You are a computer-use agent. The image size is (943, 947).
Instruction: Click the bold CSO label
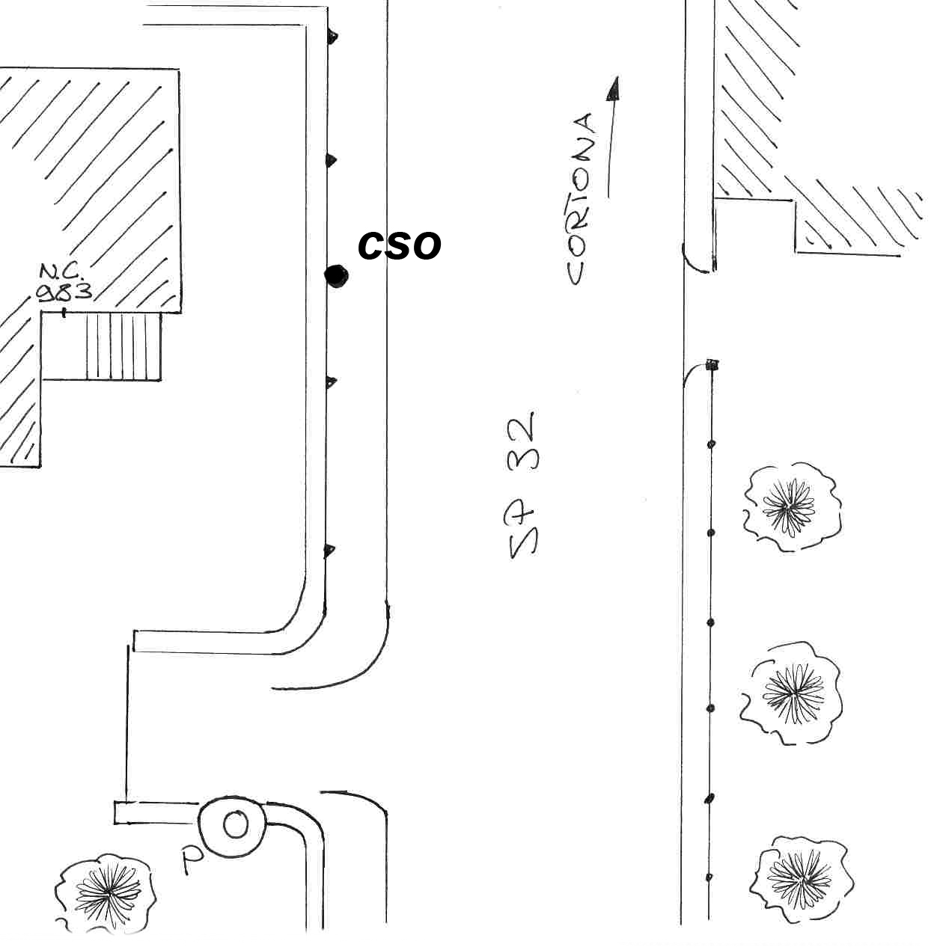click(x=399, y=245)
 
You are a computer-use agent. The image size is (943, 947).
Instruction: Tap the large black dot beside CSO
click(x=337, y=276)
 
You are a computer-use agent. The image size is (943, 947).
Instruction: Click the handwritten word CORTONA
click(x=581, y=199)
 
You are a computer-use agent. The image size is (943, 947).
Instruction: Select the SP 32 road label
click(x=522, y=485)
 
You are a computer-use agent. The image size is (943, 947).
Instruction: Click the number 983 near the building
click(x=64, y=292)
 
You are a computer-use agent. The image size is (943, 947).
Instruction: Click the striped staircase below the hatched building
click(x=123, y=346)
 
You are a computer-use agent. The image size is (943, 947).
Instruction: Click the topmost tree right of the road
click(x=791, y=506)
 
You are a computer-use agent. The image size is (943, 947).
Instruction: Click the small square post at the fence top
click(x=712, y=365)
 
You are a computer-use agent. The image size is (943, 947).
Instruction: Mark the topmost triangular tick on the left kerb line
click(x=332, y=37)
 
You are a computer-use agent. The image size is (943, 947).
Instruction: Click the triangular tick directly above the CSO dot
click(x=331, y=160)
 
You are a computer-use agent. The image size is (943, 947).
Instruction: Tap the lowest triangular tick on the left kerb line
click(x=329, y=551)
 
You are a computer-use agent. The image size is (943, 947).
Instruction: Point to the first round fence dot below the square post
click(x=711, y=444)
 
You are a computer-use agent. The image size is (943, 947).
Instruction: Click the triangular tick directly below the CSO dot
click(x=331, y=381)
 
